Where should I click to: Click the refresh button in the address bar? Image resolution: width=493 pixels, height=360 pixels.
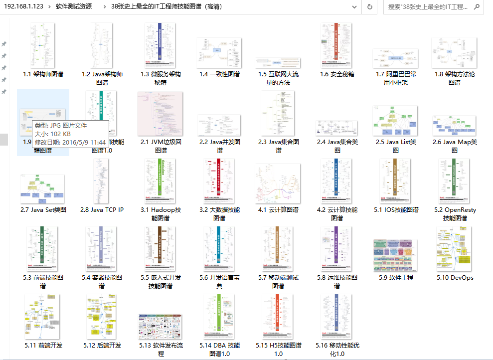pyautogui.click(x=369, y=7)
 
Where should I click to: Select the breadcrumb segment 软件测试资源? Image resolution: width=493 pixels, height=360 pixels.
pyautogui.click(x=73, y=7)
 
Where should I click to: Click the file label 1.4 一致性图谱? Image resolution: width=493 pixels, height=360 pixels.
pyautogui.click(x=219, y=74)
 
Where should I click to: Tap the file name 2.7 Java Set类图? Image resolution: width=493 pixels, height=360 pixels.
pyautogui.click(x=43, y=210)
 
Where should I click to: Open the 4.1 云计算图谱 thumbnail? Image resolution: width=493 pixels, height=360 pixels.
pyautogui.click(x=278, y=182)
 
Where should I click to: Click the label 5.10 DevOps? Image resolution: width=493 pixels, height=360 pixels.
pyautogui.click(x=455, y=278)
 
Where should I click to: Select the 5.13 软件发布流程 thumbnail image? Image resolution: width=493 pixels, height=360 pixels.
pyautogui.click(x=161, y=327)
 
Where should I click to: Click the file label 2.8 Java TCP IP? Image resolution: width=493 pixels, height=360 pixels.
pyautogui.click(x=102, y=210)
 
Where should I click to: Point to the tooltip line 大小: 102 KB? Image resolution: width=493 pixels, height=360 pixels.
pyautogui.click(x=52, y=134)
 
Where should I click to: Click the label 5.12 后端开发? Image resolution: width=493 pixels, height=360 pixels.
pyautogui.click(x=102, y=346)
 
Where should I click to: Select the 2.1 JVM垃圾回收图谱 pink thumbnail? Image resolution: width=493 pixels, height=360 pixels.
pyautogui.click(x=161, y=114)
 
